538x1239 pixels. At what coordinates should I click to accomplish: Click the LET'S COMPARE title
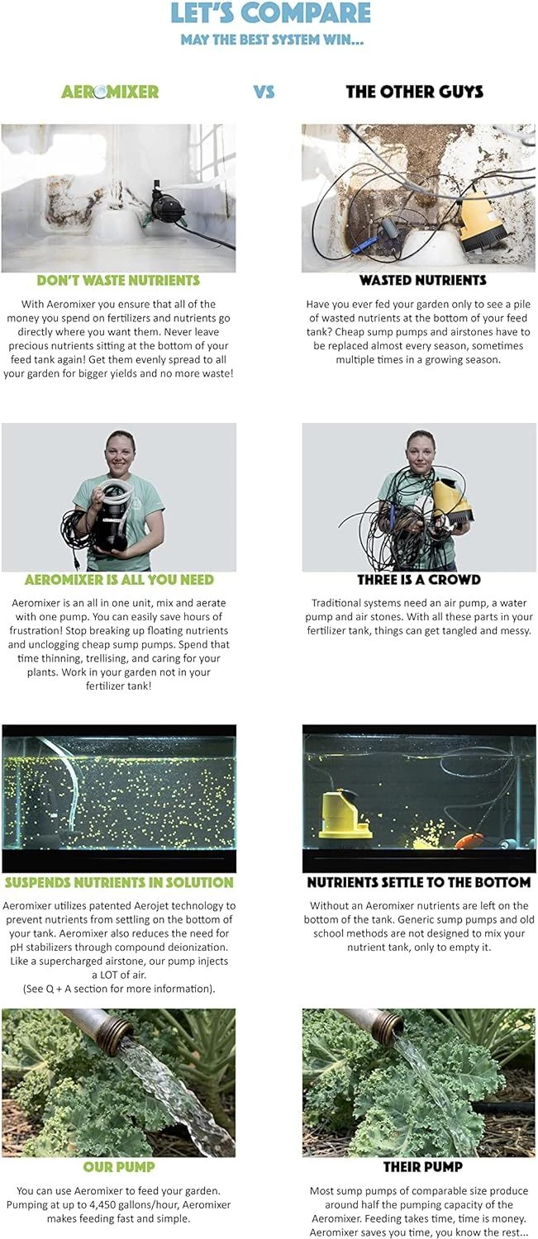click(x=270, y=13)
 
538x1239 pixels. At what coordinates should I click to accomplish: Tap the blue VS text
click(x=264, y=91)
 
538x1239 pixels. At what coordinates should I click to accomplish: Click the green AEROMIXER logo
click(x=110, y=91)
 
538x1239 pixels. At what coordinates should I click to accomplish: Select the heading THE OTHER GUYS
click(x=415, y=91)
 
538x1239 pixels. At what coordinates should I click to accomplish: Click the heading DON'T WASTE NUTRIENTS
click(x=118, y=281)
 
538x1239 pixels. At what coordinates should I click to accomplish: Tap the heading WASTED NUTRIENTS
click(x=423, y=281)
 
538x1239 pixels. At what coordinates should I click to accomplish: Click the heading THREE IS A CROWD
click(x=419, y=580)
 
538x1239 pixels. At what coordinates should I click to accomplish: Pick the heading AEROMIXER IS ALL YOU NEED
click(x=119, y=580)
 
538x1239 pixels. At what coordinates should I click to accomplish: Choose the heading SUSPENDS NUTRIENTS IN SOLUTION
click(x=119, y=882)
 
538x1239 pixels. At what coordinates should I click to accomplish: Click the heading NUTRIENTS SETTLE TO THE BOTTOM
click(x=419, y=882)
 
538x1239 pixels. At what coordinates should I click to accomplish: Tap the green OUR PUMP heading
click(x=119, y=1167)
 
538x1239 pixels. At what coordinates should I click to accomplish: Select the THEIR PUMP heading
click(x=423, y=1167)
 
